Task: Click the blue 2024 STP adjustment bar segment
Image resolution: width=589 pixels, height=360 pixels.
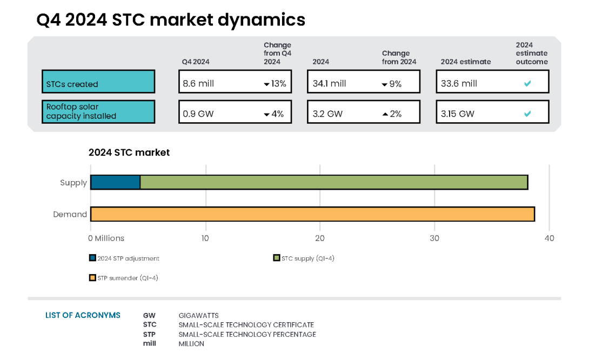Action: point(115,182)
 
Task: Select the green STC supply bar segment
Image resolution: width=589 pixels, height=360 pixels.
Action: point(333,182)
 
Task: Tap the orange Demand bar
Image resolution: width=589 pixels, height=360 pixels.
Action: point(312,214)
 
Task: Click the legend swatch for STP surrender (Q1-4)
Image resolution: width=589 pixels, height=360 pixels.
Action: point(92,278)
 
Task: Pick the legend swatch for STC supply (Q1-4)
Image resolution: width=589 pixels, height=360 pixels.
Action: point(276,258)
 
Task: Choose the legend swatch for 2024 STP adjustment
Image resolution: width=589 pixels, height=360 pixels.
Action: point(92,258)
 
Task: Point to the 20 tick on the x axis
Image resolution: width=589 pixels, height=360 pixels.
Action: point(320,238)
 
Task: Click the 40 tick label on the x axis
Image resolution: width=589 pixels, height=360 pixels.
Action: point(549,238)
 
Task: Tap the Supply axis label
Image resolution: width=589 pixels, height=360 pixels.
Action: point(73,183)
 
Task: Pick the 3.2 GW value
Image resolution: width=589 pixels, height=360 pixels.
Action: point(327,114)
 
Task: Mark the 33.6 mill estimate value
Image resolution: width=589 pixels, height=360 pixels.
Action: point(459,84)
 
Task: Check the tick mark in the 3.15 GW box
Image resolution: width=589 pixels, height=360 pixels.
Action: point(527,114)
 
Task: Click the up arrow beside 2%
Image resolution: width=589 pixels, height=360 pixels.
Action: point(385,114)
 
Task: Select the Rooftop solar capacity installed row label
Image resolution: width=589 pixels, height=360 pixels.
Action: point(98,111)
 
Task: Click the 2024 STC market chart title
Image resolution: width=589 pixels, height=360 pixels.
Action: point(129,152)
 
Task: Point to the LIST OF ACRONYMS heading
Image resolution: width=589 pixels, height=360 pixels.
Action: point(83,315)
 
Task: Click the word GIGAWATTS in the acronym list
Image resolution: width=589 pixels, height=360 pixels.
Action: point(198,316)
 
